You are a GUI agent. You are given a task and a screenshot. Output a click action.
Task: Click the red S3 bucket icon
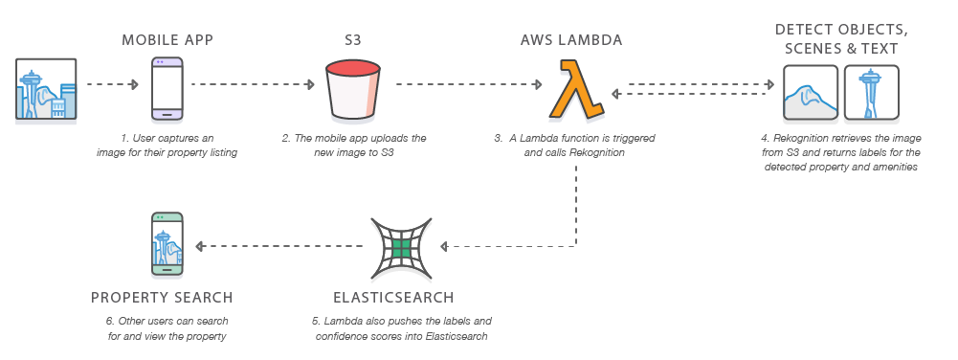354,87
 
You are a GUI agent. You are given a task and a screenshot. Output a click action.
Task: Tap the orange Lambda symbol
574,89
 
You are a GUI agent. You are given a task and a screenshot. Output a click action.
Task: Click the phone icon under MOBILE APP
167,87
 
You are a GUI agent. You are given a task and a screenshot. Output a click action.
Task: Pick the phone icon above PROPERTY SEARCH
167,245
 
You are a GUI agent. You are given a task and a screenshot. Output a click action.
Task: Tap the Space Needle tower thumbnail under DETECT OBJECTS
871,93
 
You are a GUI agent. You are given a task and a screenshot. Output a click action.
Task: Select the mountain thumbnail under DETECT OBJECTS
811,93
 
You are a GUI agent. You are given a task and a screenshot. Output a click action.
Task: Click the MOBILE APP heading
167,40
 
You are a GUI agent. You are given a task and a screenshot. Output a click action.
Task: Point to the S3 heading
354,40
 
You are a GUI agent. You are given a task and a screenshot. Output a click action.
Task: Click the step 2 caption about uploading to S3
354,146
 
